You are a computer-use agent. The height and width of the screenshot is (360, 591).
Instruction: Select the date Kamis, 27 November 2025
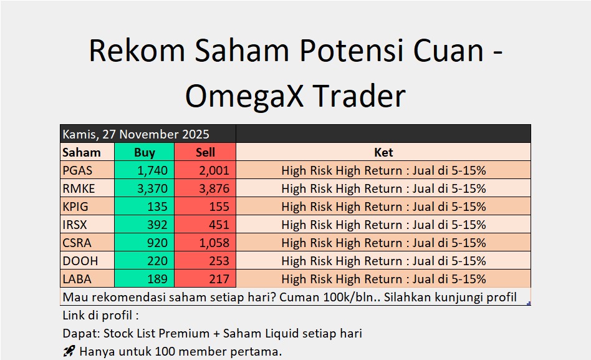click(x=136, y=134)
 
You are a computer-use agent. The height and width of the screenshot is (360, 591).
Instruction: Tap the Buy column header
click(x=145, y=152)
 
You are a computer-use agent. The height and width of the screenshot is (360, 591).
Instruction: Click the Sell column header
click(x=205, y=152)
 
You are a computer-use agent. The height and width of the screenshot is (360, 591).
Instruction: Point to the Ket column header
click(x=383, y=152)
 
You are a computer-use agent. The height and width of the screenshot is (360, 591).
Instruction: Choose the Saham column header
click(x=82, y=152)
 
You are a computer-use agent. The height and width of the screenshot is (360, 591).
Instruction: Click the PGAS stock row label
click(x=77, y=170)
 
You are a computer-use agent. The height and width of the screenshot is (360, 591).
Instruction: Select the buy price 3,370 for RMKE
click(x=152, y=188)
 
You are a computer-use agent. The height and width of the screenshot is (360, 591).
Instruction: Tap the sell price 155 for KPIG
click(x=219, y=207)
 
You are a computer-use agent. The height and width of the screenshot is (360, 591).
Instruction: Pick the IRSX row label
click(x=75, y=225)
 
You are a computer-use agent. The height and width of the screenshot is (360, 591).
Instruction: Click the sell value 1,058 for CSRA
click(x=214, y=243)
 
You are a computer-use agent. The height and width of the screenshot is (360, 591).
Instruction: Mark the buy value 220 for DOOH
click(x=157, y=261)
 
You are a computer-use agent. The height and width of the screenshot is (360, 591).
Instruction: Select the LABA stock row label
click(x=77, y=280)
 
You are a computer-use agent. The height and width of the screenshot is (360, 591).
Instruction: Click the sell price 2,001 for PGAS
click(x=214, y=170)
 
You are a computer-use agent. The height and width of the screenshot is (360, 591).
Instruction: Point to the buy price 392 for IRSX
click(x=157, y=225)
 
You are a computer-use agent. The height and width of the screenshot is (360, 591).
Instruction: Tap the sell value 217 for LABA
click(x=219, y=280)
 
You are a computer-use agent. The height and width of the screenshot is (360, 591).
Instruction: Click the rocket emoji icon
click(x=69, y=351)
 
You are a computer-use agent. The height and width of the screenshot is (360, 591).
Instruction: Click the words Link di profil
click(x=97, y=316)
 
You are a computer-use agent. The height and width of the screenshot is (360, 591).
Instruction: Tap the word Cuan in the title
click(x=448, y=51)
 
